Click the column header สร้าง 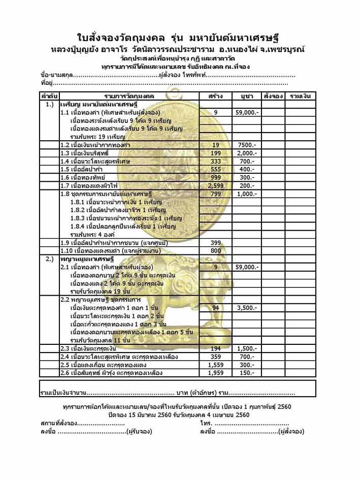tap(216, 96)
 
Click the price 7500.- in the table tap(247, 145)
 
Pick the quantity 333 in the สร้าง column tap(216, 161)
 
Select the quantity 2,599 tap(216, 185)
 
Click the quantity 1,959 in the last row tap(216, 372)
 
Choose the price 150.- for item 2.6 tap(247, 372)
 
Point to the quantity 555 tap(216, 169)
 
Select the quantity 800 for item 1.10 tap(216, 250)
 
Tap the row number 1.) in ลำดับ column tap(50, 104)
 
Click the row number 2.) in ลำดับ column tap(50, 259)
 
